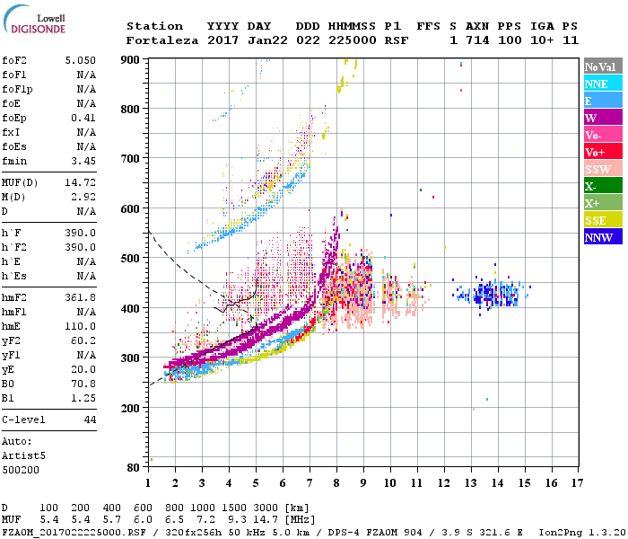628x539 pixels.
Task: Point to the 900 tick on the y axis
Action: click(x=132, y=59)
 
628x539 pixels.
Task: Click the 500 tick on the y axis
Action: click(x=132, y=259)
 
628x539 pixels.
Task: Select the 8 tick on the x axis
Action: click(x=336, y=483)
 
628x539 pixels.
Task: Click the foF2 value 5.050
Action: click(x=80, y=59)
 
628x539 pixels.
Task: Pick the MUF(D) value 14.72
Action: click(x=80, y=181)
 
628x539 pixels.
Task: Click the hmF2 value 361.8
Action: click(x=80, y=296)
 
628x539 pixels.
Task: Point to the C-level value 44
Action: click(x=89, y=420)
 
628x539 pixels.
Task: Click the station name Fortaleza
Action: click(x=162, y=40)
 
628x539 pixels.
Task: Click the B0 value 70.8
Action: click(x=83, y=384)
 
